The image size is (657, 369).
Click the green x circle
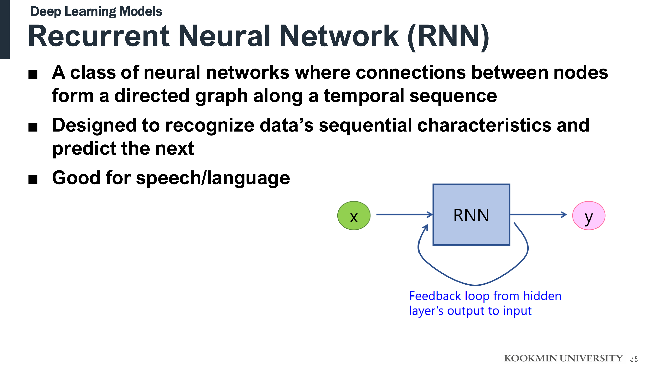point(354,215)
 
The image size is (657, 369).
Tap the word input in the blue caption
point(517,311)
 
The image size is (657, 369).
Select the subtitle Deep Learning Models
point(96,11)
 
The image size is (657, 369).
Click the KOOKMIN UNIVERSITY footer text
point(563,358)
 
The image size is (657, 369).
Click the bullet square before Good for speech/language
point(33,180)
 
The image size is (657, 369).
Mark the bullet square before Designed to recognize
point(33,127)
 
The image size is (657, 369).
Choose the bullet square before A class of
point(33,74)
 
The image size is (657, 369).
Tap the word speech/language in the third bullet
point(213,178)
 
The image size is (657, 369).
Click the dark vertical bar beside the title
point(5,29)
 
